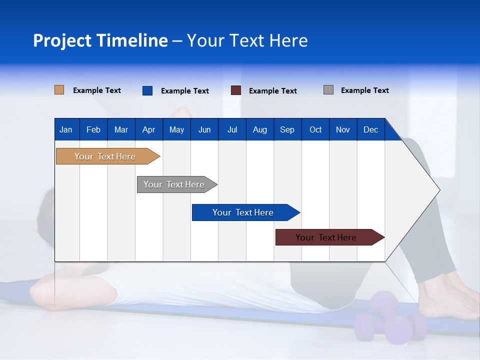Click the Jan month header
(66, 129)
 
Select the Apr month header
(148, 129)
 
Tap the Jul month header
(232, 129)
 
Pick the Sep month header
(287, 129)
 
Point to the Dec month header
(370, 129)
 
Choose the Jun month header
(204, 129)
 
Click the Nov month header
(342, 129)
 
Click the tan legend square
(59, 90)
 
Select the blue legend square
(147, 90)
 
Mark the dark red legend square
(235, 90)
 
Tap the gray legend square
(328, 90)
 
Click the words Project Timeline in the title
(100, 40)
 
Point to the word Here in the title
(288, 40)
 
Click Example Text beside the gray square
(364, 90)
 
